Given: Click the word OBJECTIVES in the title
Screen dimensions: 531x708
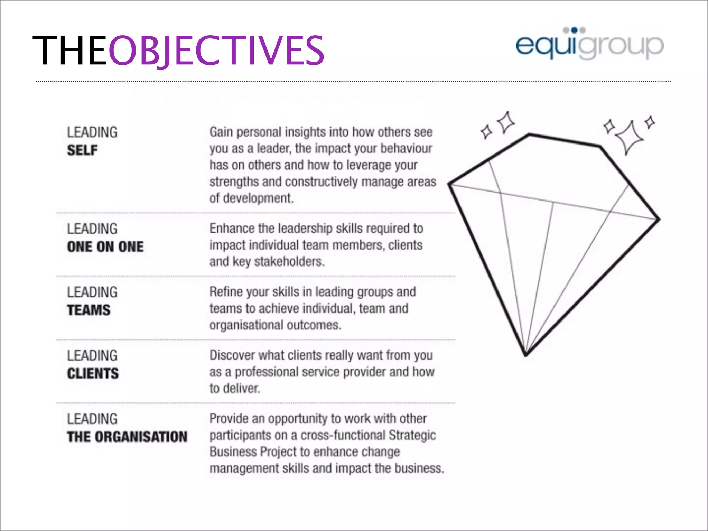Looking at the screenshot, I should tap(216, 50).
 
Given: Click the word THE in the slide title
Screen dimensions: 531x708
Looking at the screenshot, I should tap(69, 50).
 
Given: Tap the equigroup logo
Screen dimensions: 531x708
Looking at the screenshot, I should tap(589, 45).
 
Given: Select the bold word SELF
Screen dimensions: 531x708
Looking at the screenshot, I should tap(82, 150).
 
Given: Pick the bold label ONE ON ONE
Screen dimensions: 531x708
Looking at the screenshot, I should tap(105, 247).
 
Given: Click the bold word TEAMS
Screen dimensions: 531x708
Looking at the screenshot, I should tap(89, 310).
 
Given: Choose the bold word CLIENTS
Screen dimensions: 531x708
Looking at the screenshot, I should tap(93, 374).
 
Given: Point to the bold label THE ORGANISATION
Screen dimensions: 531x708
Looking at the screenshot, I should tap(127, 437).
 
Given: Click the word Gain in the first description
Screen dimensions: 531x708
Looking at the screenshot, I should tap(221, 132).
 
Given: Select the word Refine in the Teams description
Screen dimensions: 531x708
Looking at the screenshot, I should tap(226, 292).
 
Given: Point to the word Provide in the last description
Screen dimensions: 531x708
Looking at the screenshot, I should tap(229, 419).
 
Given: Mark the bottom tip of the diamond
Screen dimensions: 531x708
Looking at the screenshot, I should tap(526, 355).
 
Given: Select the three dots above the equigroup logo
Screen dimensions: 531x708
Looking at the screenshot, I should tap(574, 30).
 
